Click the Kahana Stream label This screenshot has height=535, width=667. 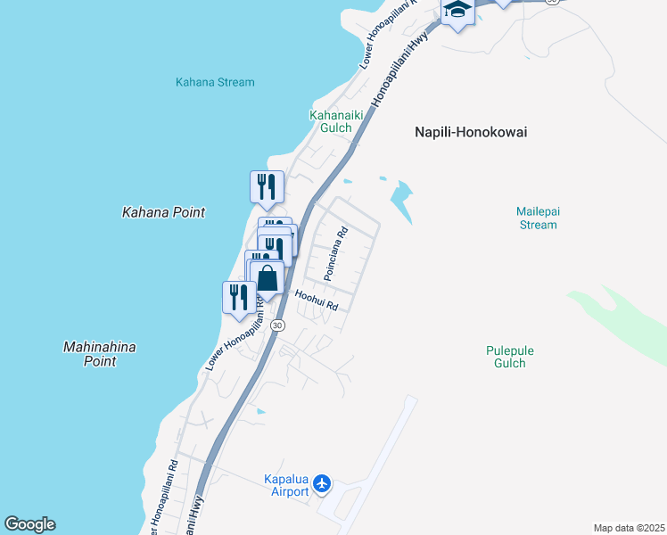[x=215, y=82]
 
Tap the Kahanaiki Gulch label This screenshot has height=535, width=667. [x=330, y=121]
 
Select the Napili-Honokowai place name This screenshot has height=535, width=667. [x=471, y=132]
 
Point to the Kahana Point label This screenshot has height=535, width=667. [x=163, y=212]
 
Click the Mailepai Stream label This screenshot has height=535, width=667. [x=537, y=218]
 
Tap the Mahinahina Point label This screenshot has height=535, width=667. [x=101, y=354]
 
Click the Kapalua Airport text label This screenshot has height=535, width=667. [x=286, y=485]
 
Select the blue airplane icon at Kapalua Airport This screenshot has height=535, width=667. [x=322, y=484]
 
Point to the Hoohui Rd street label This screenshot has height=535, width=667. [x=317, y=300]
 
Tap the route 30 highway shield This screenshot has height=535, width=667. [x=278, y=325]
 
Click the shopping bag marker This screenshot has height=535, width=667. [x=267, y=279]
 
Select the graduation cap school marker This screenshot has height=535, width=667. [x=457, y=11]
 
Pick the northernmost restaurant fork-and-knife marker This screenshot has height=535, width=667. [x=267, y=187]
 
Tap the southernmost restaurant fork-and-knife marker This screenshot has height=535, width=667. [x=238, y=297]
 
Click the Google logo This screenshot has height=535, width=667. [x=29, y=524]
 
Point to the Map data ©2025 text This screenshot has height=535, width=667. [x=629, y=528]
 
